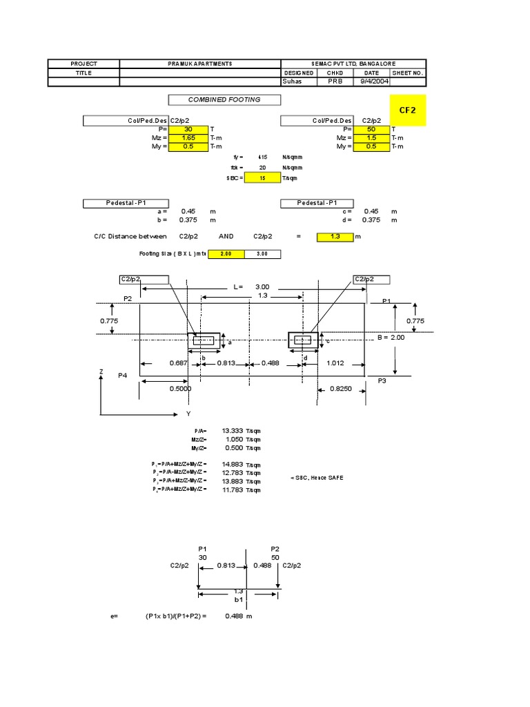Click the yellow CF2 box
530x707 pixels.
(x=408, y=110)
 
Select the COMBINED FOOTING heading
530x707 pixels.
(x=224, y=99)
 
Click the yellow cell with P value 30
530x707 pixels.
(x=188, y=129)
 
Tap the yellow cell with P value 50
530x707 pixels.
(x=371, y=129)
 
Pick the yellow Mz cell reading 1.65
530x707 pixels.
(x=188, y=138)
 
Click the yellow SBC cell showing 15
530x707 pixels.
(x=263, y=177)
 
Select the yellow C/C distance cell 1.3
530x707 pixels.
(x=335, y=237)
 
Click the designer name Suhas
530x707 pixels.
(x=293, y=81)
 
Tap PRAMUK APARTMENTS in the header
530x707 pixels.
(x=200, y=64)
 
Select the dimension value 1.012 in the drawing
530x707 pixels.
(x=336, y=363)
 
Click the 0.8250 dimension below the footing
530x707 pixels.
(x=340, y=390)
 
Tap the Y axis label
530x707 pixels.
(x=188, y=414)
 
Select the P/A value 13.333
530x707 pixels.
(x=233, y=431)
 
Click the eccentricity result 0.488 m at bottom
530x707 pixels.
(x=239, y=616)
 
